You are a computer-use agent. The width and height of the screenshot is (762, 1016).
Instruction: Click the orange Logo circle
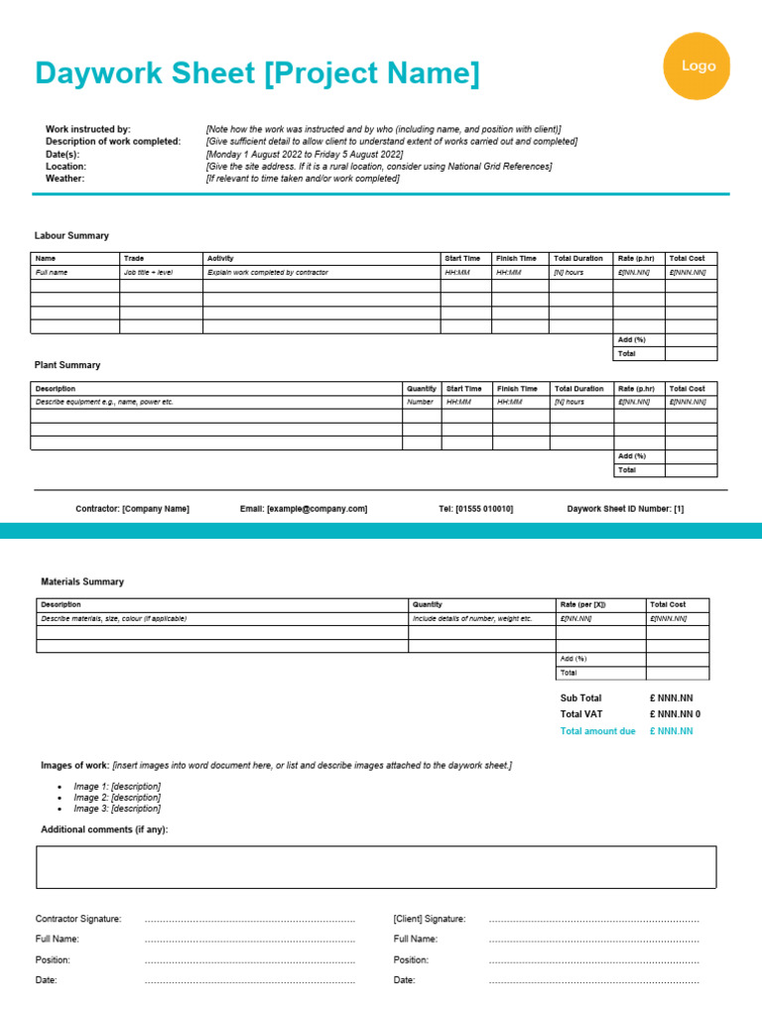click(698, 65)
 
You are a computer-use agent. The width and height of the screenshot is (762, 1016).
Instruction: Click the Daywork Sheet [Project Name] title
click(256, 73)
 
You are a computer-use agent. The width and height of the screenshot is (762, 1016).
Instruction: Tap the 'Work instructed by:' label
click(87, 129)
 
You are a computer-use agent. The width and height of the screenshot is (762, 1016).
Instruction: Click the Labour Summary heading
click(71, 235)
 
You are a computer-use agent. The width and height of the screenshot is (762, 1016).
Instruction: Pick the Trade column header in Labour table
click(134, 258)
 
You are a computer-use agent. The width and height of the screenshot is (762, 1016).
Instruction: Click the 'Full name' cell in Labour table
click(52, 272)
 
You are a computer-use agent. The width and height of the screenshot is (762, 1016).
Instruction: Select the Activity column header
click(220, 258)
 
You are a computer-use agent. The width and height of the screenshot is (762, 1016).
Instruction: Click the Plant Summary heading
click(67, 365)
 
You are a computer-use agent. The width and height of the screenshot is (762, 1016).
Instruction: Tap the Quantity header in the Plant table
click(421, 389)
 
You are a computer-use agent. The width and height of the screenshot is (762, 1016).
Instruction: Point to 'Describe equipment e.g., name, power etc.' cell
click(104, 402)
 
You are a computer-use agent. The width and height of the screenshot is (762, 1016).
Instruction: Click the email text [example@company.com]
click(304, 508)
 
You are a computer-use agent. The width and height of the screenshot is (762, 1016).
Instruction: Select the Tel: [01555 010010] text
click(476, 508)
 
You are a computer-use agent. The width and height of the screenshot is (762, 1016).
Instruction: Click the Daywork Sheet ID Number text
click(625, 508)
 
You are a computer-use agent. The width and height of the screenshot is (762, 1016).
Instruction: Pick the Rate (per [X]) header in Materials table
click(583, 603)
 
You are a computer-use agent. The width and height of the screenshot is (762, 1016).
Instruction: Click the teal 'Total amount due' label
click(597, 731)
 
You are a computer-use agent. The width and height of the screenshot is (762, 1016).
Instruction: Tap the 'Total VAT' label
click(581, 713)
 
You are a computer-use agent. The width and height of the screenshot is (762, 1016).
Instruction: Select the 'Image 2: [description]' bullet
click(117, 797)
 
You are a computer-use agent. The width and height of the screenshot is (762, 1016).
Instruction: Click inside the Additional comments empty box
click(376, 866)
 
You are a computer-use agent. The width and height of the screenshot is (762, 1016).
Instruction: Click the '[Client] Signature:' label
click(430, 919)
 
